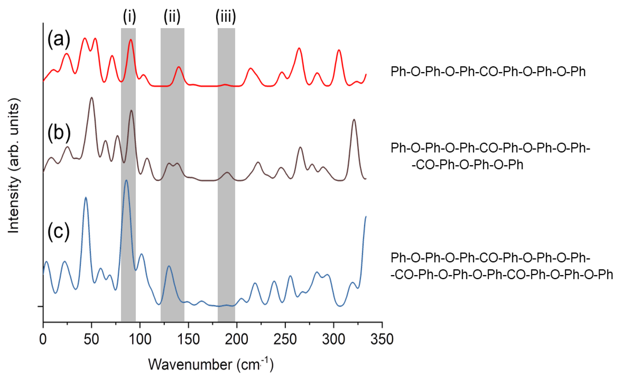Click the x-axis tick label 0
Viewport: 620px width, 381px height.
click(43, 339)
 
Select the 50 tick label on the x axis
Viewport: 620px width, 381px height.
click(91, 339)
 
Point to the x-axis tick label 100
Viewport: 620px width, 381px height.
click(139, 339)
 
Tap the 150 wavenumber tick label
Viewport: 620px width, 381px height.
click(188, 339)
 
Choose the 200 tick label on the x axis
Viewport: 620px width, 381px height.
click(236, 339)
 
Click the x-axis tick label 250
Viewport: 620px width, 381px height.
click(285, 339)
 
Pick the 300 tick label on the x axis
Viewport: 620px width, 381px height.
click(333, 339)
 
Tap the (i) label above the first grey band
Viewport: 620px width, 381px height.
click(130, 17)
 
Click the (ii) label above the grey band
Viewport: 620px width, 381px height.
click(172, 17)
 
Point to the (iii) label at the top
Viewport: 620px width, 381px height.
click(226, 17)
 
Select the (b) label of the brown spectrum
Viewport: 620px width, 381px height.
click(59, 133)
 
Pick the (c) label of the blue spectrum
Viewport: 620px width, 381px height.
click(58, 231)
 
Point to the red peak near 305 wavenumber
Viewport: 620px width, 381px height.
click(339, 50)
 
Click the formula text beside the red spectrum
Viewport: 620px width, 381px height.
click(488, 72)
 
